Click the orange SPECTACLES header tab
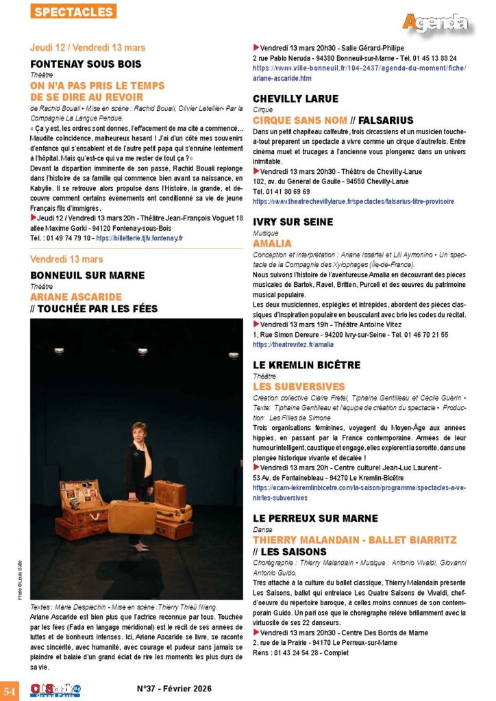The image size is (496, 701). click(74, 12)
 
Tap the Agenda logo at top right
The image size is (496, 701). click(436, 22)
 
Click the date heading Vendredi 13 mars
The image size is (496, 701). click(66, 259)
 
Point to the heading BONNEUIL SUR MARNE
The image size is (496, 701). click(88, 275)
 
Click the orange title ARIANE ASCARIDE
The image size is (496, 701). click(76, 297)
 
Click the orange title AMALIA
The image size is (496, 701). click(272, 243)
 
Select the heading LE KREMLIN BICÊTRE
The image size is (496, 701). click(306, 366)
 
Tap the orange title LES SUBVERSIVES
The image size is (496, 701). click(299, 387)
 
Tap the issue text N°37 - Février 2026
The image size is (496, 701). click(174, 689)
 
